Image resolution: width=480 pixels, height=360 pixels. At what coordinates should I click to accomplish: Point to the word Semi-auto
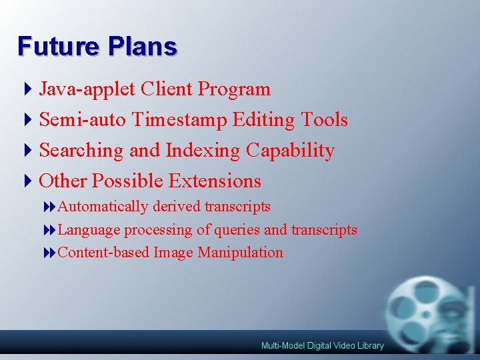(83, 120)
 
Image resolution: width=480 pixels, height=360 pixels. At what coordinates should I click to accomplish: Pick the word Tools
(324, 120)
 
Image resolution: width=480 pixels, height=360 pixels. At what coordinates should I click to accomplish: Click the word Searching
(81, 151)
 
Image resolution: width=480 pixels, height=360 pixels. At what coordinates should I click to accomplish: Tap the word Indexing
(203, 151)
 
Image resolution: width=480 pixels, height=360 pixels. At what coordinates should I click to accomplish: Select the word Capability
(290, 151)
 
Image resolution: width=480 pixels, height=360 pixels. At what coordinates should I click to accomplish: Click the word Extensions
(215, 181)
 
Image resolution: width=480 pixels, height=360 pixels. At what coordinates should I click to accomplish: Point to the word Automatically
(103, 207)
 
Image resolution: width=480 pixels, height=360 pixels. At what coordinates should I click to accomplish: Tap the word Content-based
(104, 253)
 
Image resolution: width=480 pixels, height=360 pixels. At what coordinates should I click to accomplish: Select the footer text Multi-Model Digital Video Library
(323, 345)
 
